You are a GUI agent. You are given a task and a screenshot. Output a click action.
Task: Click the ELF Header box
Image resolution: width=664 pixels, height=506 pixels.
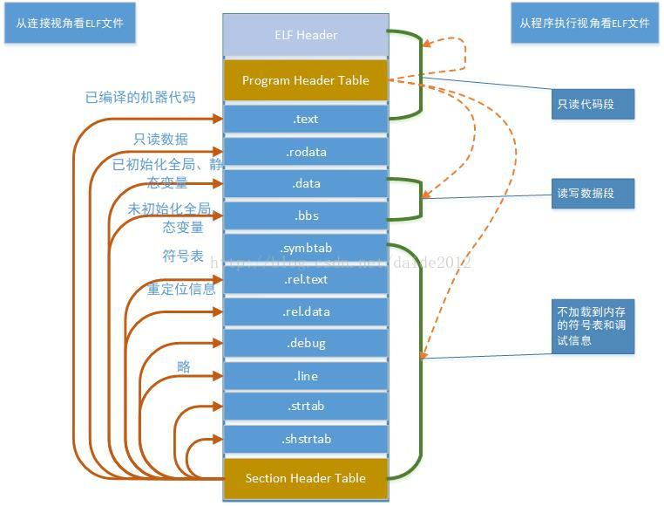point(305,36)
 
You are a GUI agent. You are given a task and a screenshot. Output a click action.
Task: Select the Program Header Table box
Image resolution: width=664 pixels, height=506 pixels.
point(305,80)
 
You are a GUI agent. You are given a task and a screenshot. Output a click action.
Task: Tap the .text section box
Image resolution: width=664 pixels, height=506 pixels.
point(305,120)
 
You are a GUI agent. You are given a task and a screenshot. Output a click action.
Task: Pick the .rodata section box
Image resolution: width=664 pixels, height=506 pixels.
point(305,152)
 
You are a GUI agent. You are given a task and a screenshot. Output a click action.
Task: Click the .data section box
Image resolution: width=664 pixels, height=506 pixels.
point(305,184)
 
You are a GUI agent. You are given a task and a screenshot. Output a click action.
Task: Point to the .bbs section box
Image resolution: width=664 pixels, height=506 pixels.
point(305,215)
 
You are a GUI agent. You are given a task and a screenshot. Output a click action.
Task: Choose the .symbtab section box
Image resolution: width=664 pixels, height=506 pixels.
point(305,248)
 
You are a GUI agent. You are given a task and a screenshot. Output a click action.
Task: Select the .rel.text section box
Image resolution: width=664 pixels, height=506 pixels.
point(305,280)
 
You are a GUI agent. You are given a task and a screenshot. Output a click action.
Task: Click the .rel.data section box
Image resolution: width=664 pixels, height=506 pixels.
point(305,311)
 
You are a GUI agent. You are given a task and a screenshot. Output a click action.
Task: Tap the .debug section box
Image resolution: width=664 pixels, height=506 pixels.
point(305,344)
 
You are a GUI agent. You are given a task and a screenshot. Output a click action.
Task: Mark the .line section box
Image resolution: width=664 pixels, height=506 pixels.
point(305,376)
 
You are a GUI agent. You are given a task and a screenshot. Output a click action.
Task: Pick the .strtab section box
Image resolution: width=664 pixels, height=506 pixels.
point(305,407)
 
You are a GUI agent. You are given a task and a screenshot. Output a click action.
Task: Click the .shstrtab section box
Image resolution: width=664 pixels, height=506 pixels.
point(305,439)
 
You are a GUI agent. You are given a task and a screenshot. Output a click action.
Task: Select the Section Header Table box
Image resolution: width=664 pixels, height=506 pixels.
point(305,478)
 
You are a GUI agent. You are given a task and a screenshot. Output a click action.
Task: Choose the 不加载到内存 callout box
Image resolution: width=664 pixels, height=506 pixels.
point(592,325)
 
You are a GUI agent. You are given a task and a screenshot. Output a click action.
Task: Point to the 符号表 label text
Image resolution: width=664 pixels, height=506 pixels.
point(182,256)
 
